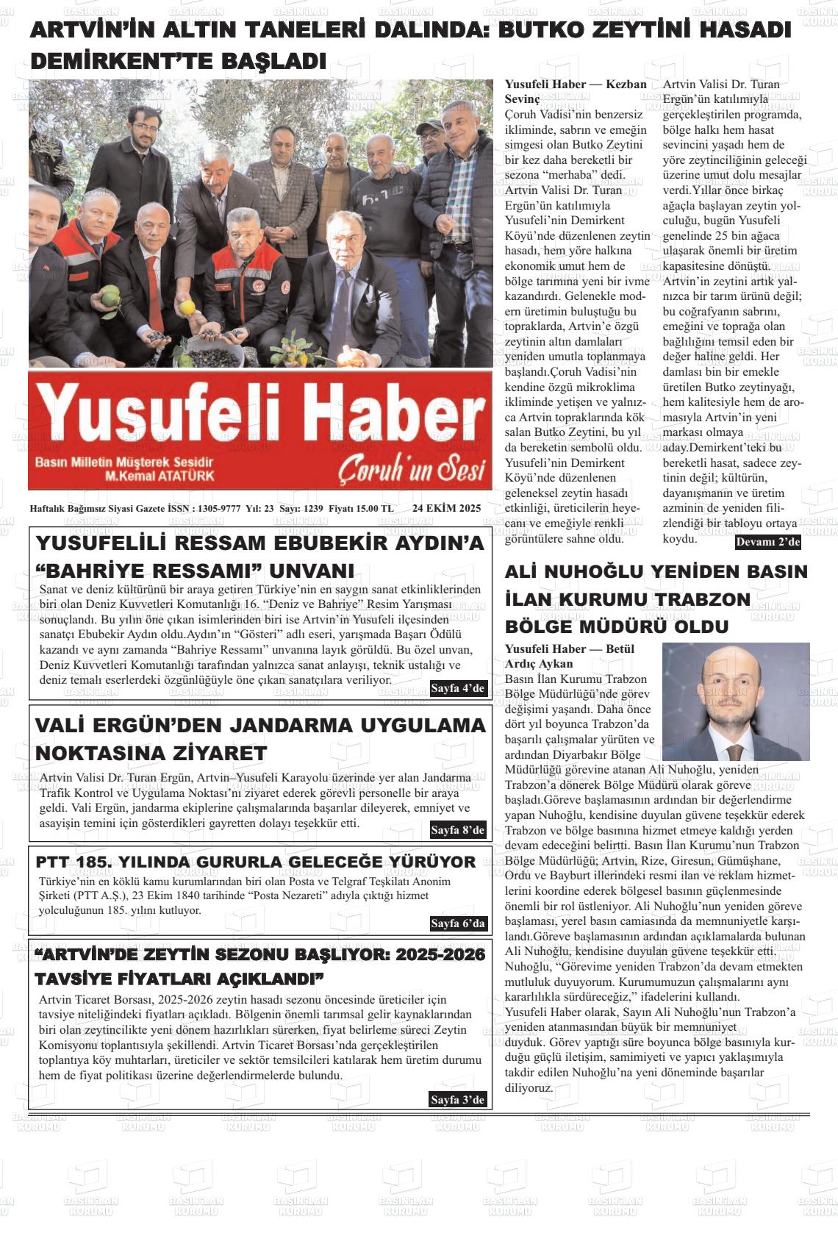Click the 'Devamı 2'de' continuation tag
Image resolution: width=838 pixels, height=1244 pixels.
(767, 543)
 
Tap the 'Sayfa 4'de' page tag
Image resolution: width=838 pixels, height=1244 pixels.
(458, 688)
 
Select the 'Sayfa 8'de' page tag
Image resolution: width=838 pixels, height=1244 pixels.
(458, 830)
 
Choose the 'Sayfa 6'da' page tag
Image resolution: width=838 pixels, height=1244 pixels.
(458, 923)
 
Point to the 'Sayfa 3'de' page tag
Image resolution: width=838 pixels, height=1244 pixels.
(458, 1099)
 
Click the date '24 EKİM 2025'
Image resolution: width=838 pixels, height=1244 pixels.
(446, 508)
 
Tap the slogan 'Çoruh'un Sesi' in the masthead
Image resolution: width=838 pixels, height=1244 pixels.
(412, 471)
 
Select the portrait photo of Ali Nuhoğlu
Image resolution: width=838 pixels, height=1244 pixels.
(735, 701)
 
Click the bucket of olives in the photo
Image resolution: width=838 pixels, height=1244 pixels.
(213, 351)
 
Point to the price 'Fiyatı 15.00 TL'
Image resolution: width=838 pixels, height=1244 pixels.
(361, 508)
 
